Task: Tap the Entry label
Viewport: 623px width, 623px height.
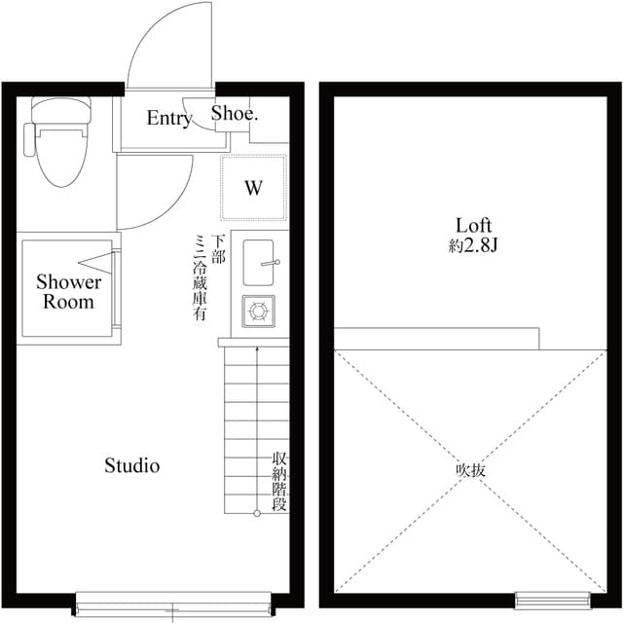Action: [168, 119]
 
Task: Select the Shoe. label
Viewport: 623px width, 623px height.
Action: [235, 115]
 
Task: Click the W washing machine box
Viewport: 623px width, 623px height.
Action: [253, 188]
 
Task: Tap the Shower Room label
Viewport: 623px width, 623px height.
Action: [68, 292]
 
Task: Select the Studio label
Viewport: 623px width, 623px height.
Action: [131, 466]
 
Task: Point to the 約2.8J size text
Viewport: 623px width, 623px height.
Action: [473, 246]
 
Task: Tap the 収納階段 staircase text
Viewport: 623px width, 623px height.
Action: [279, 482]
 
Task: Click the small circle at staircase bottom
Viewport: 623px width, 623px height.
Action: [257, 513]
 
